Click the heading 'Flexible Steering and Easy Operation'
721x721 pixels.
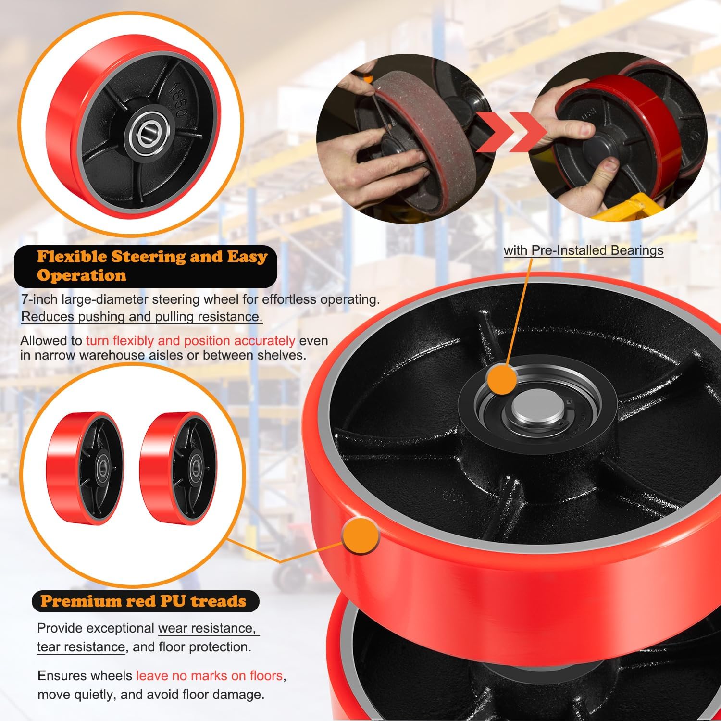pyautogui.click(x=151, y=265)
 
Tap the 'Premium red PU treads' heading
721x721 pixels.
pyautogui.click(x=143, y=601)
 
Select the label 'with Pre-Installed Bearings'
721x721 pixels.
pyautogui.click(x=583, y=250)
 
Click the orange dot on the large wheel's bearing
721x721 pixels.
pyautogui.click(x=502, y=380)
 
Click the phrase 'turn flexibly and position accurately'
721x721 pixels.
pyautogui.click(x=190, y=341)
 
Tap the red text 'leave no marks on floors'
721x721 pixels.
pyautogui.click(x=209, y=675)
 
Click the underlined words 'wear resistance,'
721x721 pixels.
pyautogui.click(x=206, y=628)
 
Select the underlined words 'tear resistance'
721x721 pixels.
pyautogui.click(x=81, y=647)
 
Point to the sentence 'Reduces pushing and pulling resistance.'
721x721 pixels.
pyautogui.click(x=142, y=317)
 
